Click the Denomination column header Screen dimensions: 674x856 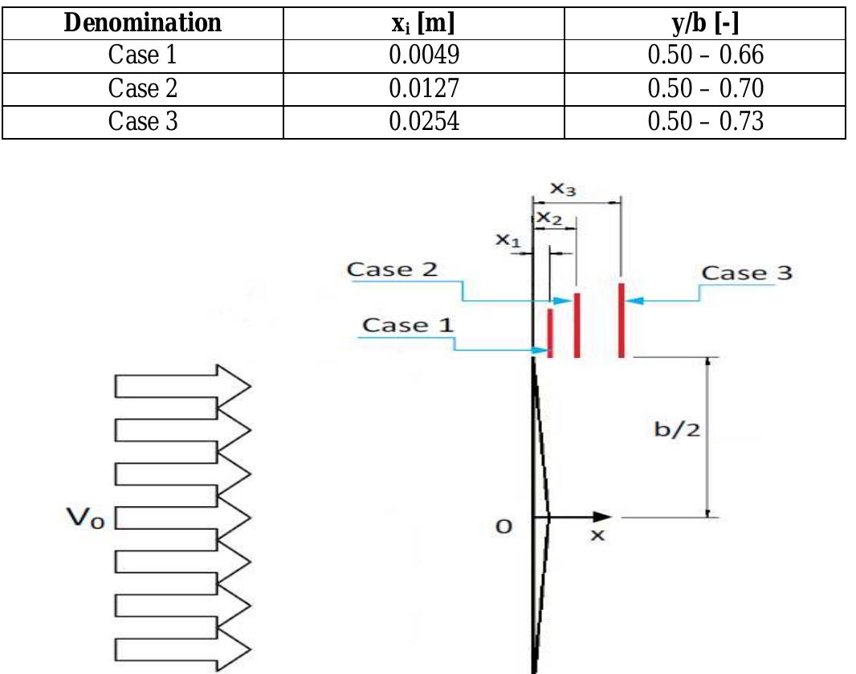(142, 23)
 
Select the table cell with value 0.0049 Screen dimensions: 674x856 (423, 56)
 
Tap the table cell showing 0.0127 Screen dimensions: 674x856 (423, 89)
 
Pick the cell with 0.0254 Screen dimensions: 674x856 (423, 122)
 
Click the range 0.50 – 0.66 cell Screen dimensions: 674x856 (705, 56)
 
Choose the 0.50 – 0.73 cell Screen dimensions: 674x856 (705, 122)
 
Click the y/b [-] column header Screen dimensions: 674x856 (705, 23)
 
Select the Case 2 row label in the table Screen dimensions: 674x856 (142, 89)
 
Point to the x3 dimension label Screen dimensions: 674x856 (563, 189)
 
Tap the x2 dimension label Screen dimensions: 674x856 (548, 217)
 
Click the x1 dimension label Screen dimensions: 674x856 (507, 239)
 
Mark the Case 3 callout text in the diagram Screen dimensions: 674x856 (746, 273)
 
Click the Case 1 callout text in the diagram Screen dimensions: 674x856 (407, 325)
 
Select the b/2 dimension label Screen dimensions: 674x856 (677, 429)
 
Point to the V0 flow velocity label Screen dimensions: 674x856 (85, 519)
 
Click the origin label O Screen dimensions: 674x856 (503, 526)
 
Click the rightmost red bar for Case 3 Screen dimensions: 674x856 (622, 319)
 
